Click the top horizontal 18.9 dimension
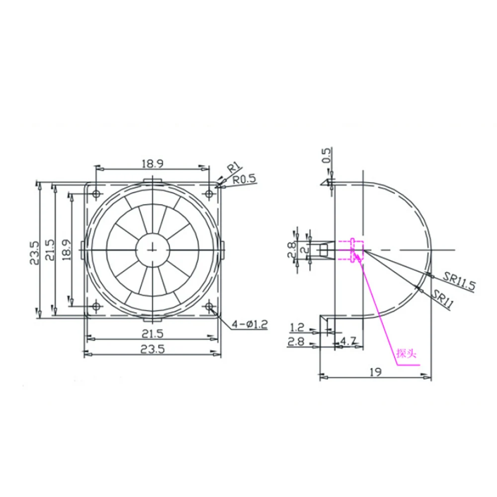[152, 164]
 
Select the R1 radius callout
[235, 167]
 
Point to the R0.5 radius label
[244, 179]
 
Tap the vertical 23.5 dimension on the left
[35, 252]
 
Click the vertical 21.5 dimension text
[50, 250]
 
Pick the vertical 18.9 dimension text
[66, 250]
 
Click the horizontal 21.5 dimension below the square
[153, 333]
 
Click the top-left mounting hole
[96, 193]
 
